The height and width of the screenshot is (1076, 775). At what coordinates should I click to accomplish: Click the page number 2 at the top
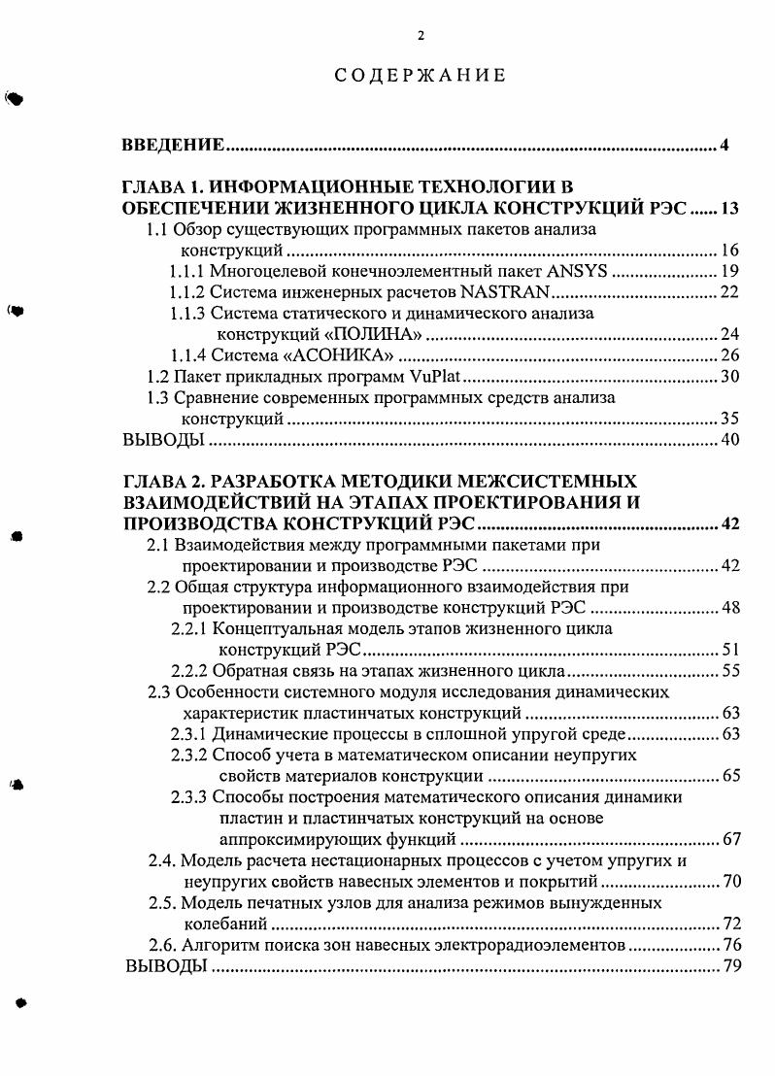tap(421, 36)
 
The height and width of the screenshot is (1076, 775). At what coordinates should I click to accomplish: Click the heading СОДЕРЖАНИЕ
tap(420, 76)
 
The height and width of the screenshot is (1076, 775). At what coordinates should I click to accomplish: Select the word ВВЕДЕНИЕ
tap(174, 146)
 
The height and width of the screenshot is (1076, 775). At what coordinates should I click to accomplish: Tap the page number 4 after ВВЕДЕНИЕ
tap(724, 146)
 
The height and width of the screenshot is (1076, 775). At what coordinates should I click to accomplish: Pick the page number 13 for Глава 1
tap(729, 208)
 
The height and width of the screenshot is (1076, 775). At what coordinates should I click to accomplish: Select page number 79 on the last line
tap(730, 966)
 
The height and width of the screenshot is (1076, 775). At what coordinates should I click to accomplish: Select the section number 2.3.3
tap(189, 797)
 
